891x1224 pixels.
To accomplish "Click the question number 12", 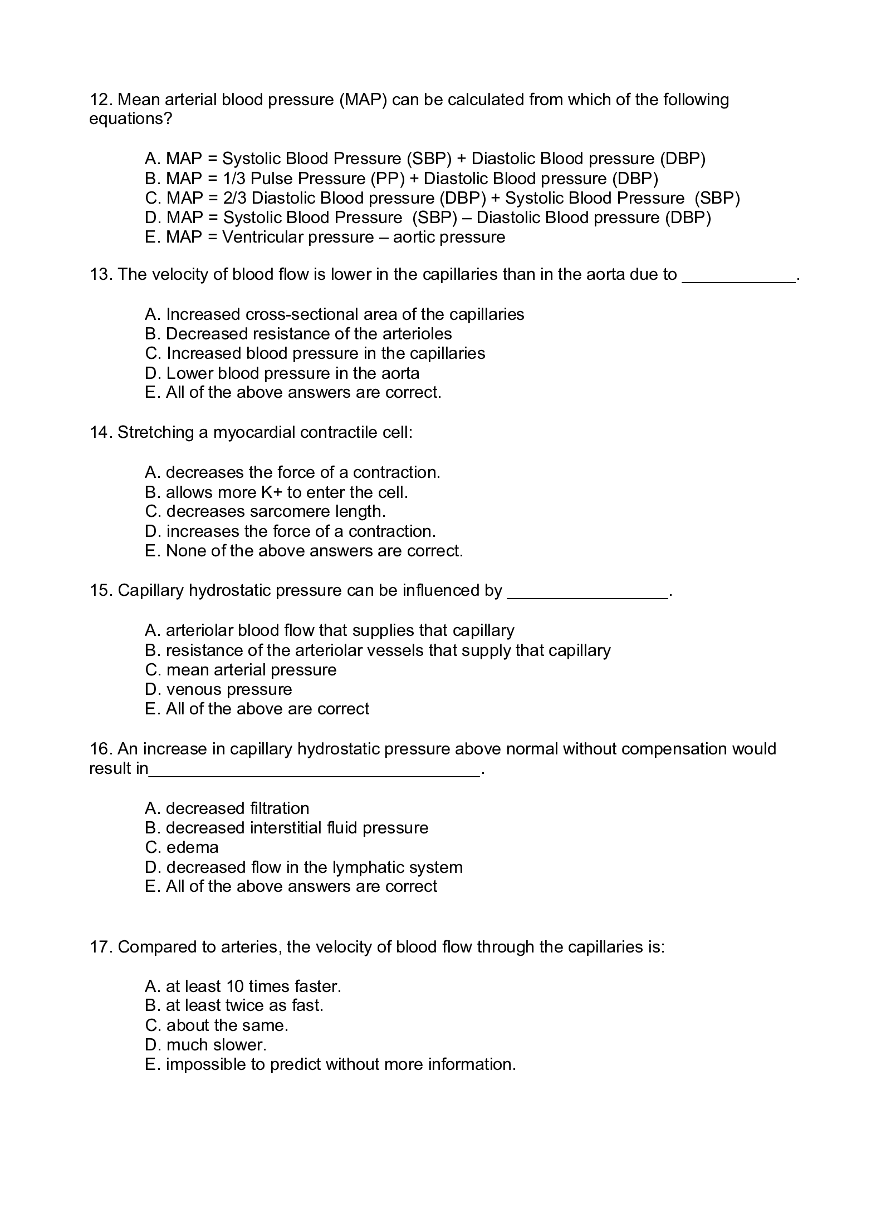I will [100, 100].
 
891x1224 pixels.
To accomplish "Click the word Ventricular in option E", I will [262, 238].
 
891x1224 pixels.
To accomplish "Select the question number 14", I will [101, 432].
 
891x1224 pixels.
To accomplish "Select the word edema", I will [193, 847].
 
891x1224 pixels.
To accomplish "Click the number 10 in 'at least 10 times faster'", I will [234, 986].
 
